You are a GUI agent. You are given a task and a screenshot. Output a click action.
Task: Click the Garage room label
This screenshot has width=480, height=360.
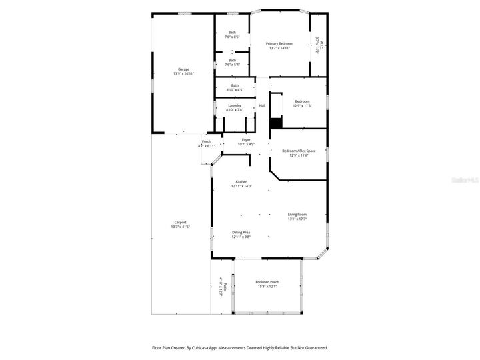point(183,69)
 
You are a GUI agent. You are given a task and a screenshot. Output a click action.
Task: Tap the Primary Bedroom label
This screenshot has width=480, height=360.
point(280,43)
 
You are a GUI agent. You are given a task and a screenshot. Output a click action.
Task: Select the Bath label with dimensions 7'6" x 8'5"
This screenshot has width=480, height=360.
point(232,33)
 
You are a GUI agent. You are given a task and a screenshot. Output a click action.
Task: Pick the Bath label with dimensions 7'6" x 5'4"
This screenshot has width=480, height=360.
point(232,60)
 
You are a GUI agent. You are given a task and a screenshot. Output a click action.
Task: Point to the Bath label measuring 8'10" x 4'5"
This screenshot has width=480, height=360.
point(235,85)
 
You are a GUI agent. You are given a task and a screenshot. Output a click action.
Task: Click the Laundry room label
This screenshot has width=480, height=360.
point(234,105)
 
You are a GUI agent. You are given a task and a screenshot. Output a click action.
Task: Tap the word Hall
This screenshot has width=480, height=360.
point(262,105)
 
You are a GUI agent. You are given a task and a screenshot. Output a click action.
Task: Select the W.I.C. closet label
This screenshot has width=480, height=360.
point(321,45)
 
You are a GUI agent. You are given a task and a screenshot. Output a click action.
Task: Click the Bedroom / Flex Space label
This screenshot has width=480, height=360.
point(299,151)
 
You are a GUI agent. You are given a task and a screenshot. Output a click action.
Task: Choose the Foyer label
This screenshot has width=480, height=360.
point(246,140)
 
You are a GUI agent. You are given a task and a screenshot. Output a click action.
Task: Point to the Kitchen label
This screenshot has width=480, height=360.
point(241,182)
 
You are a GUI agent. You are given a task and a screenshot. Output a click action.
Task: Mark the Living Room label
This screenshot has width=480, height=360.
point(297,214)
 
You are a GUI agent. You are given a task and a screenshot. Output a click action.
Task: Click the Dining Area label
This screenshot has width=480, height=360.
point(241,232)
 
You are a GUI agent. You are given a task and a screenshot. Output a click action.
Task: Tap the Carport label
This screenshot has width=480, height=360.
point(180,223)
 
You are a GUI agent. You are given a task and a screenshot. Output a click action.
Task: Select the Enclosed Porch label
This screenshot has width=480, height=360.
point(267,282)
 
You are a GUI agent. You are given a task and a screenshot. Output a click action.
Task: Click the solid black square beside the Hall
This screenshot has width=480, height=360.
point(275,123)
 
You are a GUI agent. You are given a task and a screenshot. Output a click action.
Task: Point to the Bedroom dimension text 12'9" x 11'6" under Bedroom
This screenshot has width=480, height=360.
point(302,106)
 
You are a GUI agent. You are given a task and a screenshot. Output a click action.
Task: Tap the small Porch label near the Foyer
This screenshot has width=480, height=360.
point(207,141)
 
